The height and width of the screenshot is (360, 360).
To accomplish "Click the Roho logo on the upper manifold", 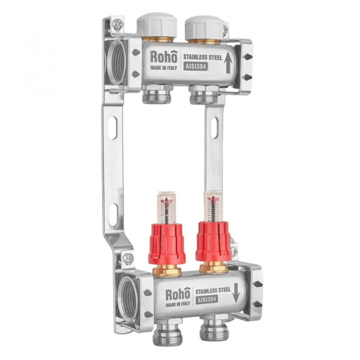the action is click(164, 57).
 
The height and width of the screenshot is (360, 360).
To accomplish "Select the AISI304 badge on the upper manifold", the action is click(196, 66).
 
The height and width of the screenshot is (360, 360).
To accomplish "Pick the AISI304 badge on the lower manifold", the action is click(206, 299).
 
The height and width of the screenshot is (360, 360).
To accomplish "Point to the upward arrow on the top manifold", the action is click(228, 62).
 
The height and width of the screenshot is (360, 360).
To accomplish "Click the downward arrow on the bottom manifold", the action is click(236, 293).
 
